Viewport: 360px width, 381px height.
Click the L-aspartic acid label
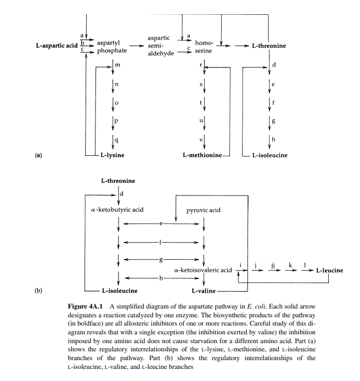pyautogui.click(x=57, y=46)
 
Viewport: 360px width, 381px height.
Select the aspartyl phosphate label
pyautogui.click(x=111, y=47)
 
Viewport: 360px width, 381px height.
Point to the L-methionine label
pyautogui.click(x=202, y=155)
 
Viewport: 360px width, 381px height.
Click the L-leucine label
pyautogui.click(x=329, y=270)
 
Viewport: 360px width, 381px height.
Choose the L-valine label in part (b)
pyautogui.click(x=203, y=290)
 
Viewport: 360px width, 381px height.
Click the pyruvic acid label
pyautogui.click(x=204, y=210)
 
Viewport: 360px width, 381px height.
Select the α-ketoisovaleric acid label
pyautogui.click(x=203, y=270)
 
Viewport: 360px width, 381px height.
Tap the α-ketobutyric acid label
pyautogui.click(x=117, y=210)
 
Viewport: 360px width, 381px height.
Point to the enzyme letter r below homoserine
pyautogui.click(x=201, y=65)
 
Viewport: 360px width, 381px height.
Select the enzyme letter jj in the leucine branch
pyautogui.click(x=272, y=266)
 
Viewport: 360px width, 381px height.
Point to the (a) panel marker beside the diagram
pyautogui.click(x=38, y=155)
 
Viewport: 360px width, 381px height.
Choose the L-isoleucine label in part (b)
pyautogui.click(x=119, y=290)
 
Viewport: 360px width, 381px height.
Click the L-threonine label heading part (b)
pyautogui.click(x=118, y=181)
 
